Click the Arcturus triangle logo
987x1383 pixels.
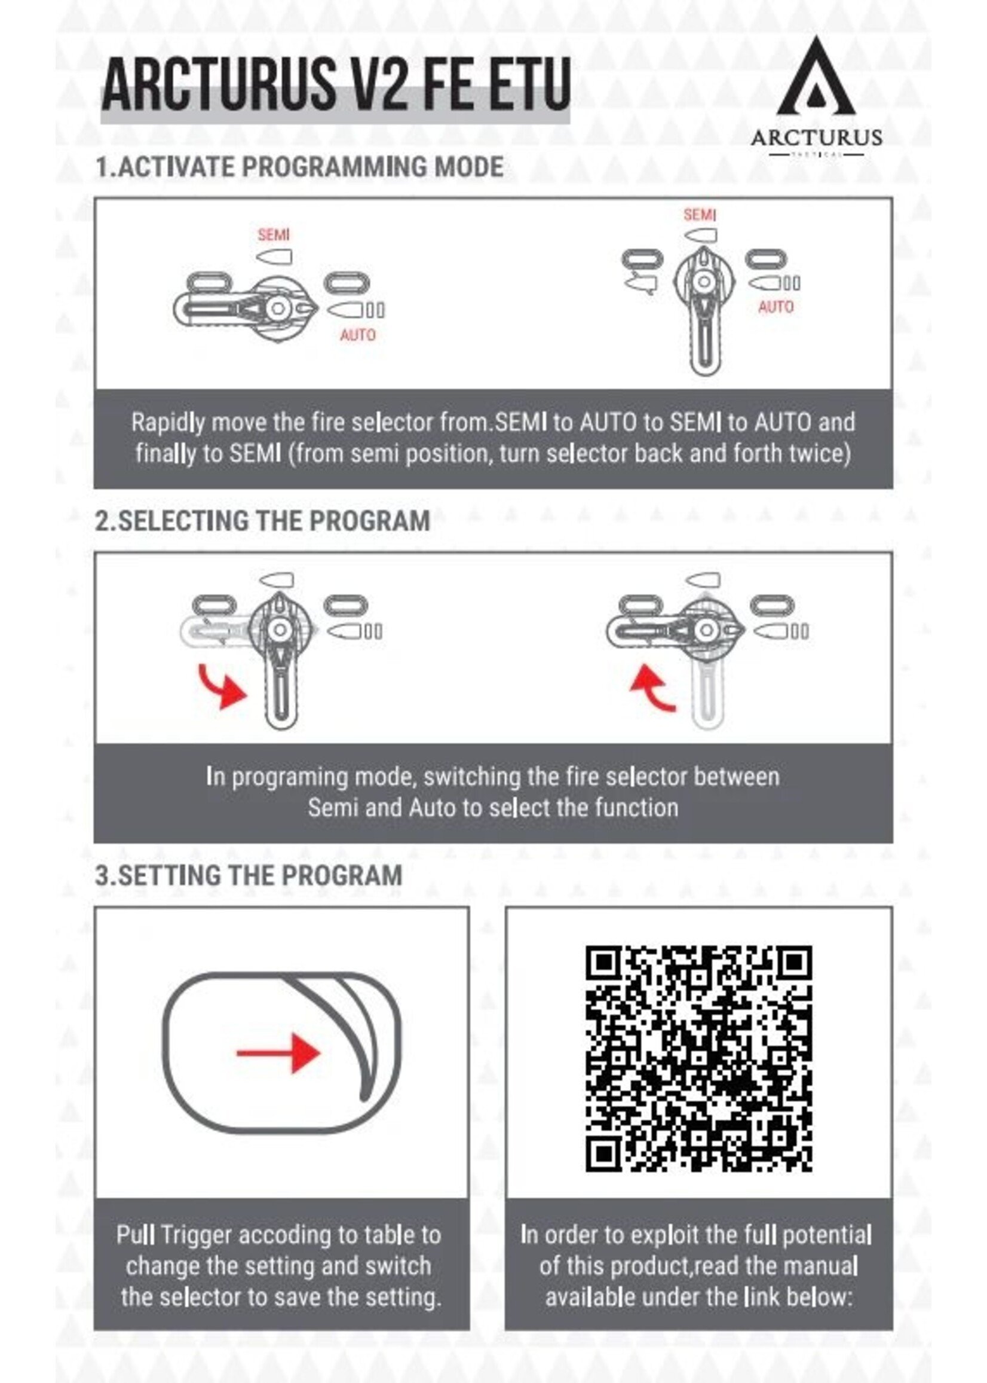tap(816, 79)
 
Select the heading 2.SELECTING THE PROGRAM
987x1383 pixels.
tap(262, 521)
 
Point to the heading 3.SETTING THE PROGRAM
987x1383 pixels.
tap(249, 875)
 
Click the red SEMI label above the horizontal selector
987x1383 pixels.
tap(274, 235)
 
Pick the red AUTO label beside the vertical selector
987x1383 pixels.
tap(775, 307)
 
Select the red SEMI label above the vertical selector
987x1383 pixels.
tap(700, 215)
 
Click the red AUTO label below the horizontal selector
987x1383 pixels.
tap(357, 334)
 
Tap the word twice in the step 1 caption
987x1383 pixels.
tap(820, 454)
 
